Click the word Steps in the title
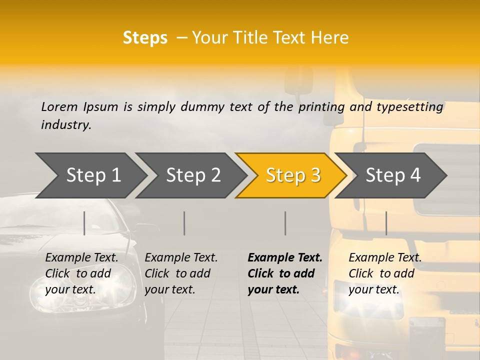tap(145, 38)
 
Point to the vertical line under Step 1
tap(84, 223)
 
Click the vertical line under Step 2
tap(184, 223)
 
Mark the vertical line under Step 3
tap(285, 223)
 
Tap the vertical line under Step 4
tap(386, 223)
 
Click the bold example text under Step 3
tap(284, 273)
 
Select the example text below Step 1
tap(81, 273)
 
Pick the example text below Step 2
tap(181, 273)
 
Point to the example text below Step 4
tap(385, 273)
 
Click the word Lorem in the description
tap(59, 106)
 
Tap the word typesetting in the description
tap(409, 107)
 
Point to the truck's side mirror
tap(299, 82)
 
